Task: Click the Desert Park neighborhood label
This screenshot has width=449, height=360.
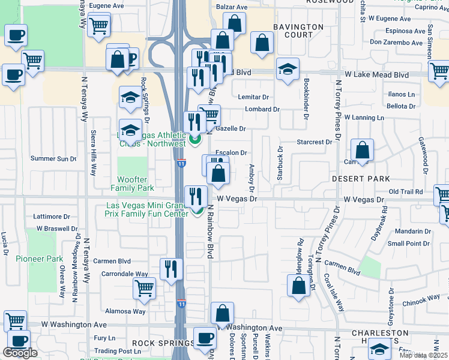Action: (361, 179)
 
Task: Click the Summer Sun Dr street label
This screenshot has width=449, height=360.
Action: (54, 159)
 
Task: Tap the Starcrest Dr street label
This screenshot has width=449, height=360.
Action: (315, 142)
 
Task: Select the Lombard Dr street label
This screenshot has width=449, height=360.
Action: (262, 109)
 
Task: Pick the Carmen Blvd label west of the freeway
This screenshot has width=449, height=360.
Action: (112, 261)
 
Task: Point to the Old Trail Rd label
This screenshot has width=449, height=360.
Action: (406, 191)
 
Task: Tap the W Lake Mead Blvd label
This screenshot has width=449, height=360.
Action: (372, 75)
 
